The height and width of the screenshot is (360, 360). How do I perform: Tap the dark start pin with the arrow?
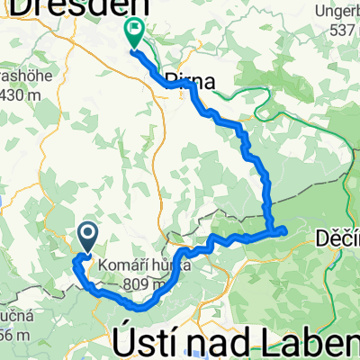coord(89,237)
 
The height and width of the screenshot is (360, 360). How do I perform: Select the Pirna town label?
coord(192,82)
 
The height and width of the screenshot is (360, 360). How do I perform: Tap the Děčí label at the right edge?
coord(337,238)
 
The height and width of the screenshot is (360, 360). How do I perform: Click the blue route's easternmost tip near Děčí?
coord(285,230)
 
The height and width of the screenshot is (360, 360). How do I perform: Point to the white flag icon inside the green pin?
coord(134,29)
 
